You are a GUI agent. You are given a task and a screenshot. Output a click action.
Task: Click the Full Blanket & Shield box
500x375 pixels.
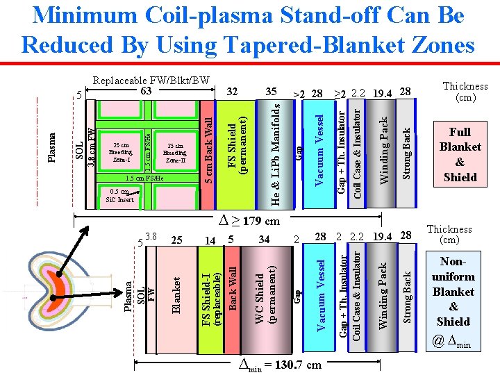click(460, 154)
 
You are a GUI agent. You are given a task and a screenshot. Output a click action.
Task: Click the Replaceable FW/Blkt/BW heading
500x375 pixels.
click(151, 80)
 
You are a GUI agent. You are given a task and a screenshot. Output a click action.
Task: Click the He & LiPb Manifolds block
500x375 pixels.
click(276, 154)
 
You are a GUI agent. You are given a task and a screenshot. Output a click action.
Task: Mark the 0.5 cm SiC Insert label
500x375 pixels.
click(117, 196)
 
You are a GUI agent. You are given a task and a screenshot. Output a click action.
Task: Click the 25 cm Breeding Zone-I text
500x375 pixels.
click(122, 153)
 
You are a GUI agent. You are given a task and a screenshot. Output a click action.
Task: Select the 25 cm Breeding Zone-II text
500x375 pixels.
click(174, 153)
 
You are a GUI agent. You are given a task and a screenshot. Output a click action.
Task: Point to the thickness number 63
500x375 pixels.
click(146, 90)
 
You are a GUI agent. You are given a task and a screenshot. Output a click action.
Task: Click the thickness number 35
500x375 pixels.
click(272, 91)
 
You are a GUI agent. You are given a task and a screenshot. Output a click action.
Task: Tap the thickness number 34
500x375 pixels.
click(264, 240)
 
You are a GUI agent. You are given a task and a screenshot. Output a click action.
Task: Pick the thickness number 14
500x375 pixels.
click(210, 240)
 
